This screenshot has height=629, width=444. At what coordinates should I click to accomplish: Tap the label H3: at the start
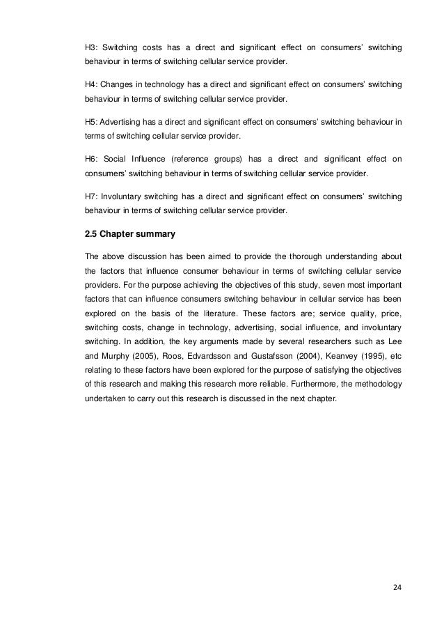coord(92,47)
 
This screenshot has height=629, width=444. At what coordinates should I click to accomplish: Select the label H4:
coord(92,84)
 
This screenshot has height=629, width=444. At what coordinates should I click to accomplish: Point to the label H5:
coord(92,121)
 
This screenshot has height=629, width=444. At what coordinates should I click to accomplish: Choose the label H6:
coord(92,158)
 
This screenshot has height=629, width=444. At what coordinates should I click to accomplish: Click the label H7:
coord(92,195)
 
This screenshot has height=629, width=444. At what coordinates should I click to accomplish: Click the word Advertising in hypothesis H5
coord(123,121)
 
